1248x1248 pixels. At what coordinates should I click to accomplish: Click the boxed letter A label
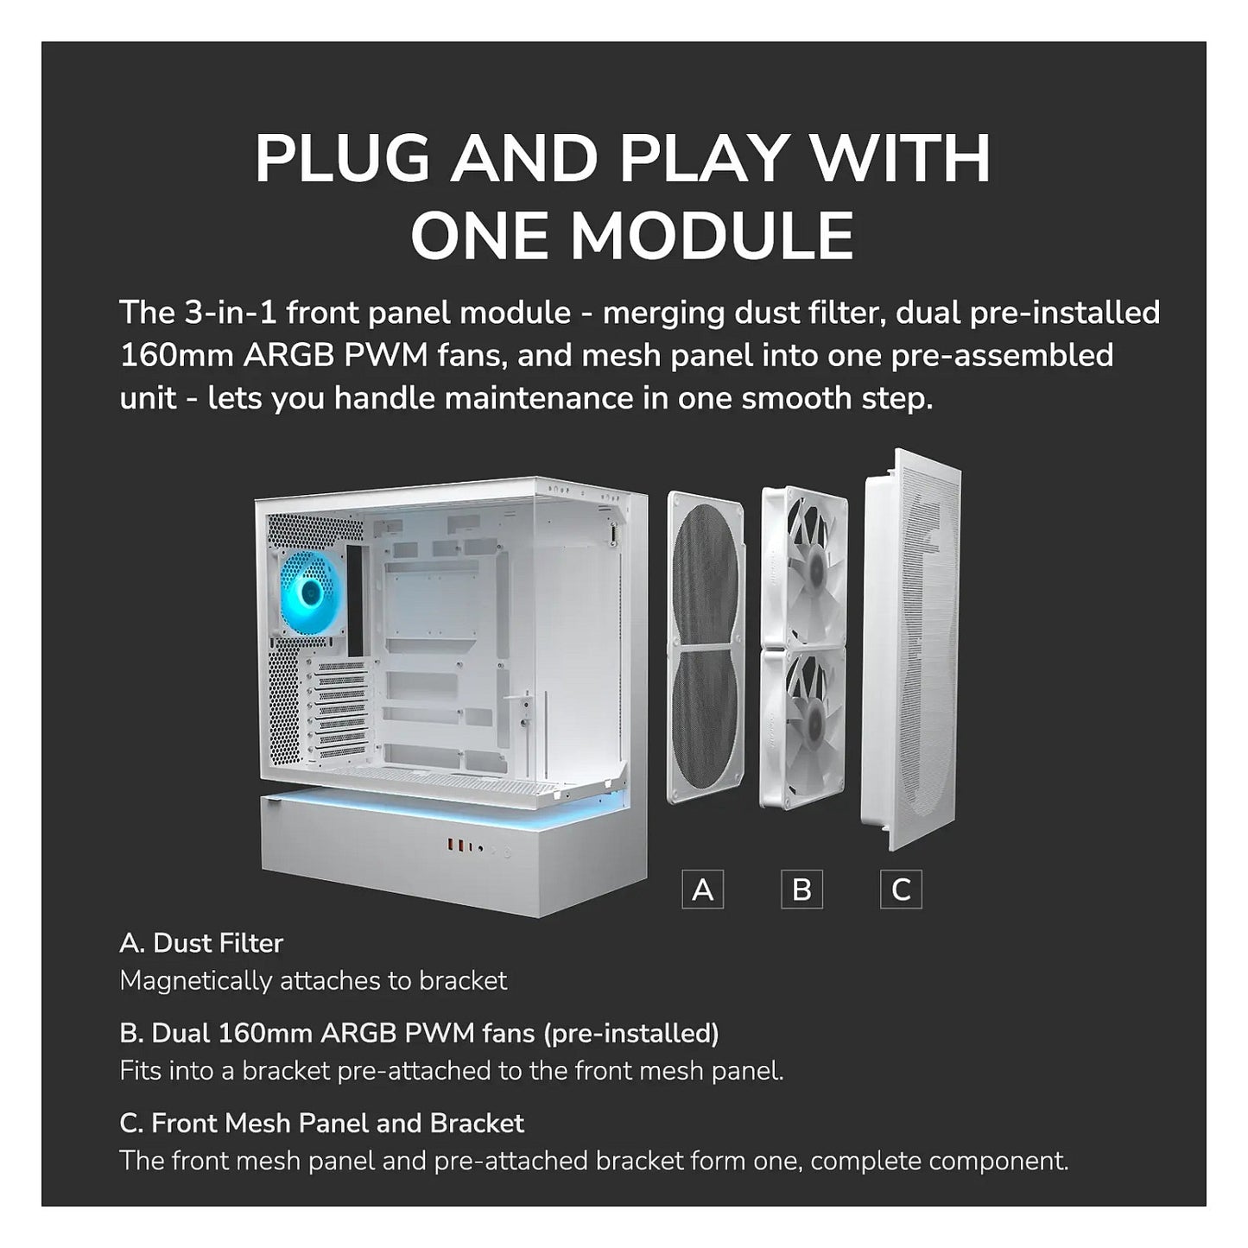click(x=703, y=890)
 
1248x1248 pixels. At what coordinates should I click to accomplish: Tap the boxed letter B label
click(x=801, y=890)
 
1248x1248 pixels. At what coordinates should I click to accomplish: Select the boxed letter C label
click(x=901, y=890)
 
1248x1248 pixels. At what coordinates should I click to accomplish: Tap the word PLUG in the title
click(x=343, y=159)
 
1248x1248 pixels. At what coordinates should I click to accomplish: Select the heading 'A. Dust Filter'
click(x=201, y=944)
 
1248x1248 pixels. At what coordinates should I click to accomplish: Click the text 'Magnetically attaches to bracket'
click(x=314, y=981)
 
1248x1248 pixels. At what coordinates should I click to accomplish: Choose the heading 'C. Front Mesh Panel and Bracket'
click(x=322, y=1124)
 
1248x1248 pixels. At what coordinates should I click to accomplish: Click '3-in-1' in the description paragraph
click(x=231, y=313)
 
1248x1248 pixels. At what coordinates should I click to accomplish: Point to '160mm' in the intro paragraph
click(x=177, y=356)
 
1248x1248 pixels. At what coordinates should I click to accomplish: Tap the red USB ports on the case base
click(x=454, y=846)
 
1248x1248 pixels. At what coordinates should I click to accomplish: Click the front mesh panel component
click(x=910, y=649)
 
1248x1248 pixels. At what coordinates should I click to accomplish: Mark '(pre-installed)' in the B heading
click(x=631, y=1034)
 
